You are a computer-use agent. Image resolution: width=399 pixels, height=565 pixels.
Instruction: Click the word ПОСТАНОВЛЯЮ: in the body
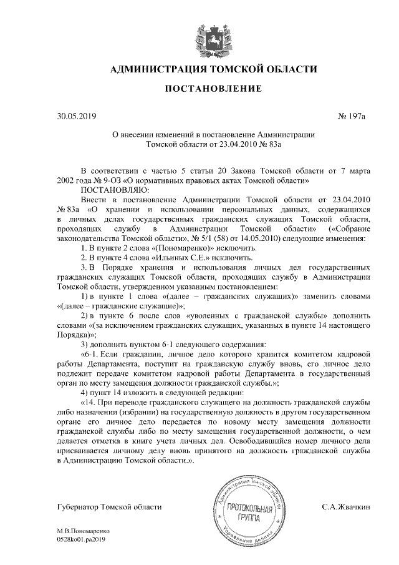pos(113,189)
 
